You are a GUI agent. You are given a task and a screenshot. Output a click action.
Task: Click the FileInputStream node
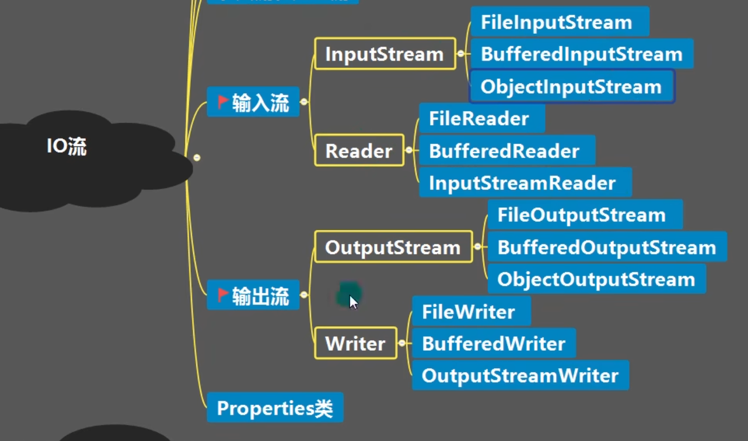click(x=559, y=22)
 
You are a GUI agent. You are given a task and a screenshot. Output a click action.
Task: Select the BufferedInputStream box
click(x=581, y=54)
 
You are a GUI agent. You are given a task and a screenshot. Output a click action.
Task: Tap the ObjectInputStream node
click(x=571, y=87)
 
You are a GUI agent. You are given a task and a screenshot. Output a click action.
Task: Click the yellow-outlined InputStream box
click(x=385, y=54)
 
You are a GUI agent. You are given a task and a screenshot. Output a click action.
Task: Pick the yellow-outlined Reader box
click(x=359, y=151)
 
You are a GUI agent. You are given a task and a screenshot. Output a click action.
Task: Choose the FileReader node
click(x=481, y=119)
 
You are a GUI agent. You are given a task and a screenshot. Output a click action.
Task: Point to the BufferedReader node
click(x=506, y=151)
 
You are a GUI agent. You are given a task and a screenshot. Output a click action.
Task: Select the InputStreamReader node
click(x=525, y=183)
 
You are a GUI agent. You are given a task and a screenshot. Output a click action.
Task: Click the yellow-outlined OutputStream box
click(x=393, y=247)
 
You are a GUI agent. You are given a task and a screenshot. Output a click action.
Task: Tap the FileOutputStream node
click(x=585, y=215)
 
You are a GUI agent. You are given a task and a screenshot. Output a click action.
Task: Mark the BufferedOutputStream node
click(x=607, y=247)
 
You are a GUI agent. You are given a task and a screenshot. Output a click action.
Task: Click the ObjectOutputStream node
click(x=596, y=279)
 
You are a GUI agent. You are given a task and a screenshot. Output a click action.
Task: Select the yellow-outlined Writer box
click(x=355, y=343)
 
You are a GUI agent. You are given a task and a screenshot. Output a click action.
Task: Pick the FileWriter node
click(x=471, y=312)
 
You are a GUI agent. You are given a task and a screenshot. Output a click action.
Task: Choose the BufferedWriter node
click(x=494, y=343)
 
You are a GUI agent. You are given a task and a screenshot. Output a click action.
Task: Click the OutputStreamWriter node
click(x=520, y=375)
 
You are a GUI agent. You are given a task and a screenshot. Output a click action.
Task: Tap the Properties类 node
click(x=275, y=408)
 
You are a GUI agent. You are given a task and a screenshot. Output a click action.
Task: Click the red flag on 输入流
click(x=223, y=102)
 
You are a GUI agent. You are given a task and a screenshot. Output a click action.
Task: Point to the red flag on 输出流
click(x=223, y=295)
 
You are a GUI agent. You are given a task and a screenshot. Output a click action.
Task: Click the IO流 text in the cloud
click(x=67, y=147)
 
